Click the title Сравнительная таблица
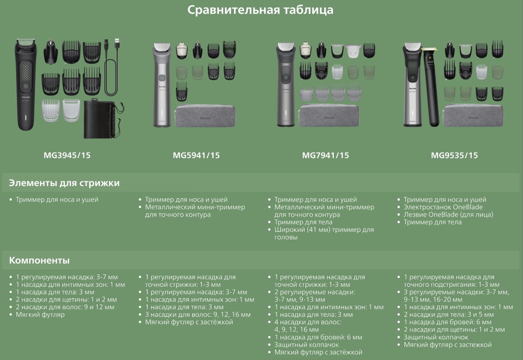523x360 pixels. tap(260, 10)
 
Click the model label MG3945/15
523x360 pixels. tap(67, 155)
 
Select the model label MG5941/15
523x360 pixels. tap(196, 155)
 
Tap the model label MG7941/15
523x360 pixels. tap(326, 155)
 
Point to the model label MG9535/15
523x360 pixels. tap(454, 155)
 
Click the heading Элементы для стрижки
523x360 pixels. tap(64, 183)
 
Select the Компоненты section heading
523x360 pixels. tap(39, 260)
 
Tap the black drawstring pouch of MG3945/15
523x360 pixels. tap(103, 119)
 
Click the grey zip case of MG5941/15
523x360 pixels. tap(205, 116)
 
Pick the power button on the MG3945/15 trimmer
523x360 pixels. tap(26, 86)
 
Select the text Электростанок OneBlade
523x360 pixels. tap(443, 207)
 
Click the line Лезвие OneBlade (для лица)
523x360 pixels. tap(448, 214)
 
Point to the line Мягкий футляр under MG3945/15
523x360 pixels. tap(40, 315)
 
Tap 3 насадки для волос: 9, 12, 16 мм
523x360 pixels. tap(198, 315)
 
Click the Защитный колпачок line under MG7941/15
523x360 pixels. tap(306, 344)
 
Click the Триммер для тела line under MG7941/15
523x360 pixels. tap(303, 222)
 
